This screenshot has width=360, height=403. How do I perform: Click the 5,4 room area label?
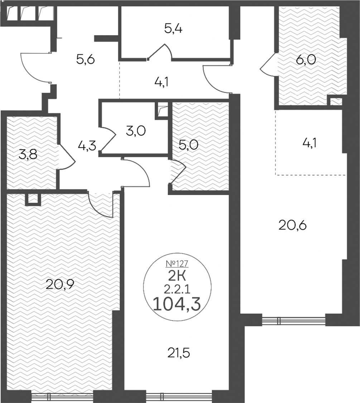pyautogui.click(x=173, y=29)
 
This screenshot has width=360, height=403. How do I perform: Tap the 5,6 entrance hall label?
pyautogui.click(x=86, y=60)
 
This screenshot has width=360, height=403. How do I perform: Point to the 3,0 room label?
pyautogui.click(x=136, y=131)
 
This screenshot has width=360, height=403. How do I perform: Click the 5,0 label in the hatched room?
pyautogui.click(x=189, y=145)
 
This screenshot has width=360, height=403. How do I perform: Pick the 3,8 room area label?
pyautogui.click(x=28, y=155)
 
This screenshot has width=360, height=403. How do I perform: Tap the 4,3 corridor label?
pyautogui.click(x=87, y=146)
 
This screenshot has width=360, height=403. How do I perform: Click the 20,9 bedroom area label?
pyautogui.click(x=60, y=284)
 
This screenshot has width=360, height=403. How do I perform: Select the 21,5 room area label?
pyautogui.click(x=179, y=353)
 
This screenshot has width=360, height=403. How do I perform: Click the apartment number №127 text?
pyautogui.click(x=177, y=264)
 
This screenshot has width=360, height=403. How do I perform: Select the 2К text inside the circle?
pyautogui.click(x=177, y=277)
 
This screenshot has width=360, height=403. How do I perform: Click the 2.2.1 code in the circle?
pyautogui.click(x=177, y=290)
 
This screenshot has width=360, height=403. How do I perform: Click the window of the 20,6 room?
pyautogui.click(x=294, y=320)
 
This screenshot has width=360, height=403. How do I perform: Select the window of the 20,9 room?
pyautogui.click(x=62, y=398)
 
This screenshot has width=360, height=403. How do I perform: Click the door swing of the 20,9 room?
pyautogui.click(x=100, y=204)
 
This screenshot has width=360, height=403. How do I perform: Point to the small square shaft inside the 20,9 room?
pyautogui.click(x=33, y=199)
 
